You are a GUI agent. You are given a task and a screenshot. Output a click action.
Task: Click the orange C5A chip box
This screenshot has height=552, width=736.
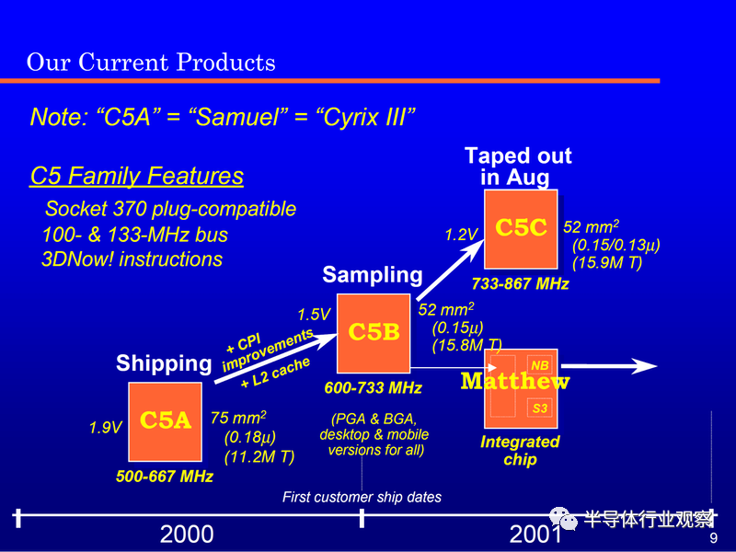coord(166,421)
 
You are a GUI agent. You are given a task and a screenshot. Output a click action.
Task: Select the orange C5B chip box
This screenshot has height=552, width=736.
coord(374,333)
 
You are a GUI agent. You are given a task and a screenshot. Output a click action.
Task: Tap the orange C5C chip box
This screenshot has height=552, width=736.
coord(521,229)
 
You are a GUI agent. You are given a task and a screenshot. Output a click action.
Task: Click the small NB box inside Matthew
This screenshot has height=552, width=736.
coord(539,365)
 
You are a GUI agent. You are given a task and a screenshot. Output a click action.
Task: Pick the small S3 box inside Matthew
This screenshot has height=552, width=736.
coord(539,408)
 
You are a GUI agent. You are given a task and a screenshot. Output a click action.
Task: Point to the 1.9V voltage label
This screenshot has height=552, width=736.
coord(105,428)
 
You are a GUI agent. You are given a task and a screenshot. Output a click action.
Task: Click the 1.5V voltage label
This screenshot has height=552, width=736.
coord(314,315)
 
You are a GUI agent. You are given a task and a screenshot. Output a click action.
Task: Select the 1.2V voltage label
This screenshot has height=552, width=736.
coord(461,235)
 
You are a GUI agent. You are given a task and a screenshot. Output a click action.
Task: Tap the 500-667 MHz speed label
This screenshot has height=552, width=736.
coord(165,477)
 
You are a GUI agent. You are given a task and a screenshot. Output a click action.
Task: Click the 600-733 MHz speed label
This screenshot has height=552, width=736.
coord(374,387)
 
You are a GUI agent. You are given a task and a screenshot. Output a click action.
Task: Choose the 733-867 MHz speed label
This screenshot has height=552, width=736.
coord(520,283)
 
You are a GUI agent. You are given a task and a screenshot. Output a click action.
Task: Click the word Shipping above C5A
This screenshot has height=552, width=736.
coord(164,363)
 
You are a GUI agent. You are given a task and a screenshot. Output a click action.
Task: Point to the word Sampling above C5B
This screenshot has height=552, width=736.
coord(373,275)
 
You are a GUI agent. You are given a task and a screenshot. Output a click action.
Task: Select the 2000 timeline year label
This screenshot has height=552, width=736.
coord(187,535)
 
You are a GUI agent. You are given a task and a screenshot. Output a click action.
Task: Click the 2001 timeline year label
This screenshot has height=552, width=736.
coord(535,535)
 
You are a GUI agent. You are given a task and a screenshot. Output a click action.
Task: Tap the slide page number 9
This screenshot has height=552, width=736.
coord(714,538)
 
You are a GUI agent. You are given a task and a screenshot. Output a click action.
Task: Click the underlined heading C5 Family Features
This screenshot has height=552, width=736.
coord(136,176)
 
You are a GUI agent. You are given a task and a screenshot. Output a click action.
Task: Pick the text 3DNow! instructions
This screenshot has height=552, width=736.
coord(132,259)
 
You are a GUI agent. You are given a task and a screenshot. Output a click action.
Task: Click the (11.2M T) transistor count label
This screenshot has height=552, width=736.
coord(259,456)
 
